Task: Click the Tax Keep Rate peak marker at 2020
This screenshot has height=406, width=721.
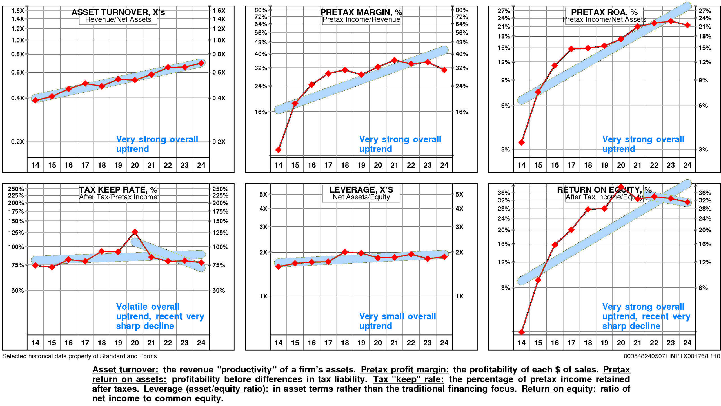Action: click(x=135, y=232)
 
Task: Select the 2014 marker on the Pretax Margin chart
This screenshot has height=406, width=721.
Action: click(x=279, y=150)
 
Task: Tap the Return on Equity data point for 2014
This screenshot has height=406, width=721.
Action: click(x=522, y=332)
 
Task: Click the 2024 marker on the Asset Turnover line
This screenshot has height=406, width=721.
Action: click(x=201, y=63)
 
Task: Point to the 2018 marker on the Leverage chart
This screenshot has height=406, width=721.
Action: click(x=345, y=252)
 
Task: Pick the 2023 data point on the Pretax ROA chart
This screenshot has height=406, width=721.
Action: click(x=671, y=21)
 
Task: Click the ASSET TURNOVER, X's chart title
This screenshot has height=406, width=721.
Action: click(x=118, y=12)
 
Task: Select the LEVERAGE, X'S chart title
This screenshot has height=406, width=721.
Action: click(x=361, y=190)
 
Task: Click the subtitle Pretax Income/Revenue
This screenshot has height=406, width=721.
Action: click(x=361, y=19)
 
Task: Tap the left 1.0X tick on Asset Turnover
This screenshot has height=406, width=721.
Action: click(x=17, y=40)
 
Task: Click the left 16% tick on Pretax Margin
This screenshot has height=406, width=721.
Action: click(x=261, y=112)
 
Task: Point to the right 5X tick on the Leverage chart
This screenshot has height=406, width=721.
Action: click(x=459, y=194)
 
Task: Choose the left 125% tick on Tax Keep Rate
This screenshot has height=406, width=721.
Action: click(x=16, y=233)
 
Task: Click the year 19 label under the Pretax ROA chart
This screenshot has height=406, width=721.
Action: click(x=604, y=165)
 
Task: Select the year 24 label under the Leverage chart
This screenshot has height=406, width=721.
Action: click(x=444, y=343)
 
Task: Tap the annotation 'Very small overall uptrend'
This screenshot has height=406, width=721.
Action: click(x=397, y=321)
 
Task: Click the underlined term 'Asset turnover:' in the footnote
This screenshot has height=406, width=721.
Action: click(x=125, y=370)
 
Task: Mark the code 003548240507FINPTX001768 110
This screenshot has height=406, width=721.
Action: click(x=672, y=356)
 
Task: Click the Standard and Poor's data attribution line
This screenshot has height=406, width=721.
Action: click(x=79, y=356)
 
